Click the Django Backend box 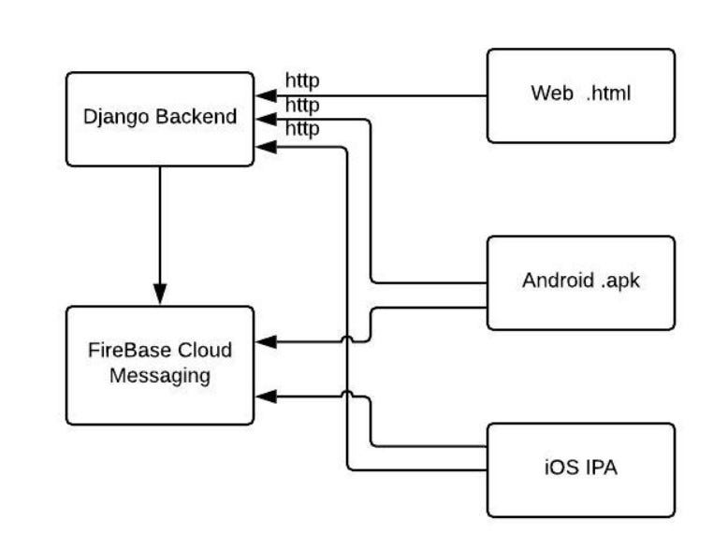point(159,119)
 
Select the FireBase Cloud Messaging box point(159,365)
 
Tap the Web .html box point(580,95)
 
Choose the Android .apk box point(580,282)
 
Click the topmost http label point(301,81)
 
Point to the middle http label point(301,105)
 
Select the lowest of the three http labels point(301,128)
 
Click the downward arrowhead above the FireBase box point(159,294)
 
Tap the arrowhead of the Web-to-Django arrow point(265,95)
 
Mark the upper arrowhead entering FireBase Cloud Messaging point(265,342)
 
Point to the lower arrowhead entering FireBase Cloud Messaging point(265,397)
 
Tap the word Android point(558,281)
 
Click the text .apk point(620,281)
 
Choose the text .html point(608,94)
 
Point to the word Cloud point(205,352)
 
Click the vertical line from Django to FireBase point(159,224)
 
